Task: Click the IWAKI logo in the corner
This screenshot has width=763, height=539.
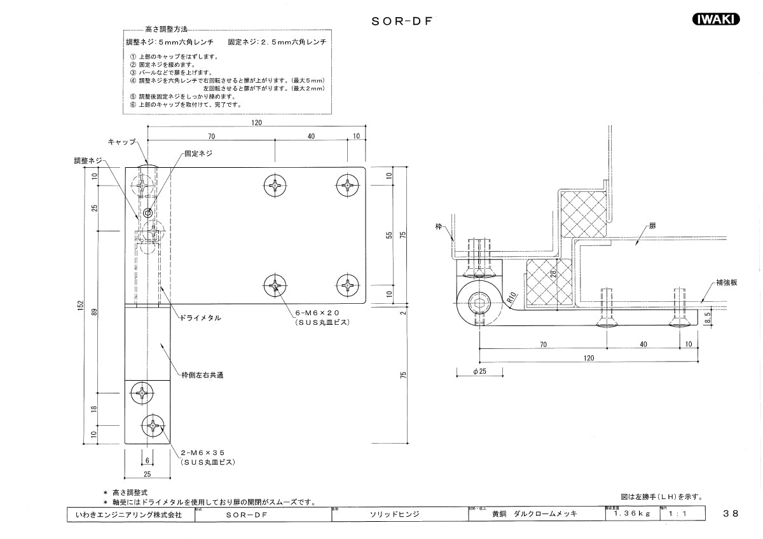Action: (x=714, y=19)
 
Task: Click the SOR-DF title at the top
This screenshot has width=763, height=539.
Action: (x=402, y=20)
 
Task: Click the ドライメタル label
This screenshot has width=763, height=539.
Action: (x=200, y=317)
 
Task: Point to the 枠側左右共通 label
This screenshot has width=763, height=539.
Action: (x=203, y=375)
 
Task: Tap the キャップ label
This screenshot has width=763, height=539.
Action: (x=121, y=142)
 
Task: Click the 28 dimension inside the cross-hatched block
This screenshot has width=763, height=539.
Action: (x=554, y=274)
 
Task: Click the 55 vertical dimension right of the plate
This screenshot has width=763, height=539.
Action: (x=390, y=235)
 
